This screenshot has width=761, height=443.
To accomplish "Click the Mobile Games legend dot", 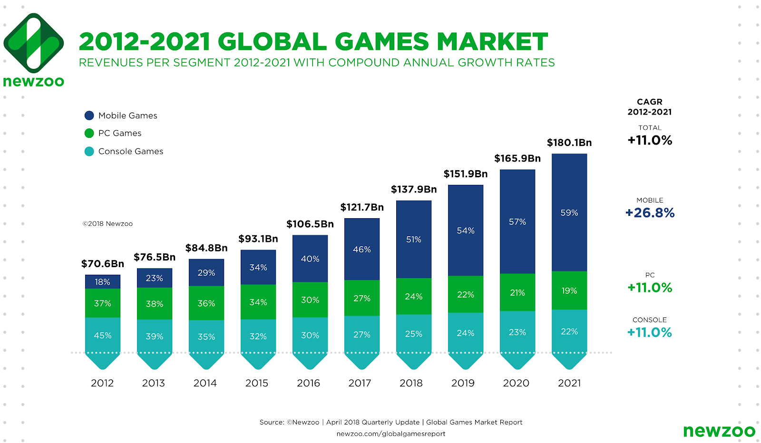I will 89,116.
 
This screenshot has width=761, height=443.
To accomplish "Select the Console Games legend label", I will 130,151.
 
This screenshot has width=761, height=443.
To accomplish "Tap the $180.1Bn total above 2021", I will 569,143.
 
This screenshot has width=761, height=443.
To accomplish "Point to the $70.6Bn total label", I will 102,264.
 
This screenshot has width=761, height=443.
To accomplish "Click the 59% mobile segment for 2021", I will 569,212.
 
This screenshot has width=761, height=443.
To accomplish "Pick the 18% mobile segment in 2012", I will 102,282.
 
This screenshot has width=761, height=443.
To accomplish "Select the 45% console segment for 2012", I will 102,336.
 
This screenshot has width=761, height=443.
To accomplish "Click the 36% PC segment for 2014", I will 206,303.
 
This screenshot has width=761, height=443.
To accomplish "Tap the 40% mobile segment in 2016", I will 310,259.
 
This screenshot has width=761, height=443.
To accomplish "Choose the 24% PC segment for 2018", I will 413,297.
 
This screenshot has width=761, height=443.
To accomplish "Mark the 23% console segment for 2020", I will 517,332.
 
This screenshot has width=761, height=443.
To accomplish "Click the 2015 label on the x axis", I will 256,383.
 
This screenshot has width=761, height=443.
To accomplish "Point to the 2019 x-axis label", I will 462,383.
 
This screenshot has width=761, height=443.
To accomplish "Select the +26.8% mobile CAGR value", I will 650,212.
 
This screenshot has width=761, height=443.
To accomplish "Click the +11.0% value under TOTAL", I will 650,140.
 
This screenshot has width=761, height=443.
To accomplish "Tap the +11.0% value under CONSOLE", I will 650,332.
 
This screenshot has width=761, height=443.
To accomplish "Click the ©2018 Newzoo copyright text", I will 107,224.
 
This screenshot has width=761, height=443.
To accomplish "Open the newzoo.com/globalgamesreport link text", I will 390,433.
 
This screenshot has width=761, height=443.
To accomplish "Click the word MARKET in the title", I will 492,42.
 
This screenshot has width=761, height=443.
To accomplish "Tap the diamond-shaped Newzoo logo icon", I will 33,43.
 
